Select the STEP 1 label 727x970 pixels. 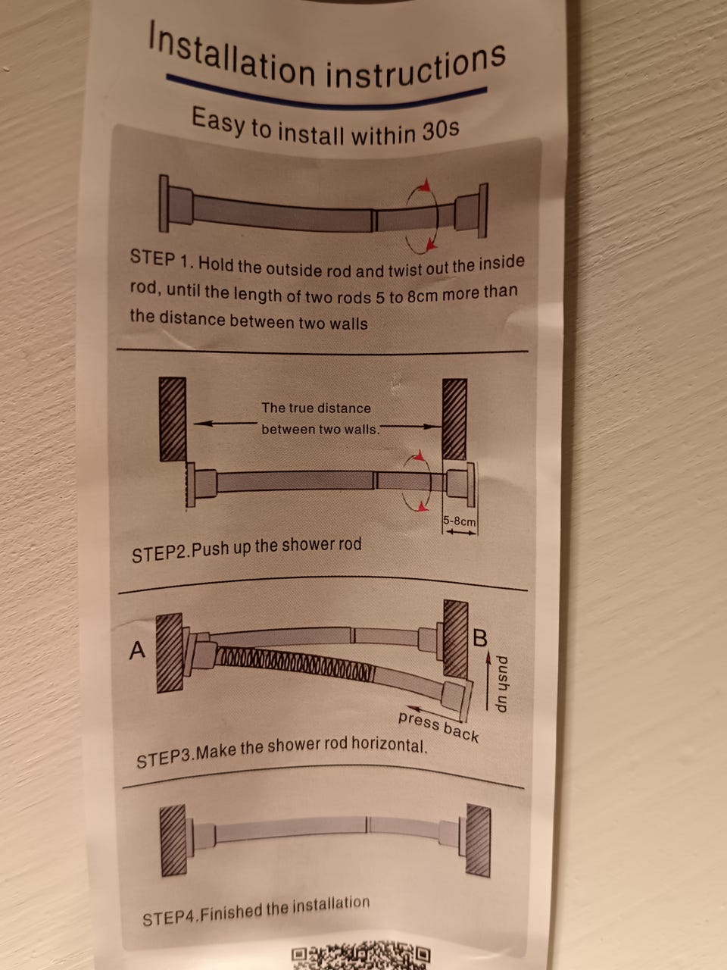pos(161,259)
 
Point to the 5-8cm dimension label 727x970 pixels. pos(460,521)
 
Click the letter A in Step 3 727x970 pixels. pos(137,650)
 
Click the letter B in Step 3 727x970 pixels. pos(480,638)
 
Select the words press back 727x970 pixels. pos(438,727)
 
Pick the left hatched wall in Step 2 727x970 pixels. pos(173,419)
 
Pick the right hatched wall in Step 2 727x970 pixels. pos(454,419)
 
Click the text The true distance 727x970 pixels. pos(316,408)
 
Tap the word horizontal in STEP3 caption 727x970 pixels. pos(389,746)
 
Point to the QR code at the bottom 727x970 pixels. pos(360,957)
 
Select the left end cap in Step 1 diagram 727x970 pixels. pos(164,203)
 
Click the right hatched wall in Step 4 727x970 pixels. pos(478,841)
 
